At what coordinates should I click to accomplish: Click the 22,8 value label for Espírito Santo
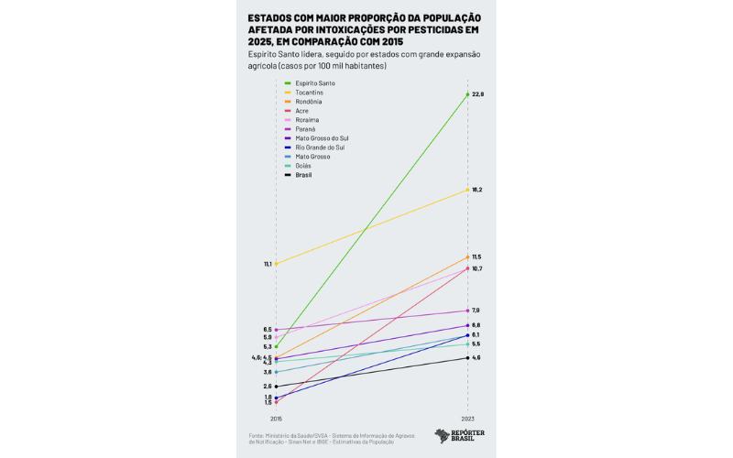pos(477,94)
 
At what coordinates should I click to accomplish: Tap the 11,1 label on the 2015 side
pos(268,264)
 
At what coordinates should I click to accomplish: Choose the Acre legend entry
pos(301,111)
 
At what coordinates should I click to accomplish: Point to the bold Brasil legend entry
pos(303,175)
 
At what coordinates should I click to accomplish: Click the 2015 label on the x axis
pos(276,418)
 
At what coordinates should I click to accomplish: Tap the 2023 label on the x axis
pos(467,418)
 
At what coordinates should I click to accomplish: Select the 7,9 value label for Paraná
pos(476,311)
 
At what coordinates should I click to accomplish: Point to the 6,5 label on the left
pos(268,330)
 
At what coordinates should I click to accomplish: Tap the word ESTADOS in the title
pos(269,18)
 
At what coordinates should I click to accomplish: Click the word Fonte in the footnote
pos(256,435)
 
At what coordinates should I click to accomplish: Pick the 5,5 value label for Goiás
pos(476,343)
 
